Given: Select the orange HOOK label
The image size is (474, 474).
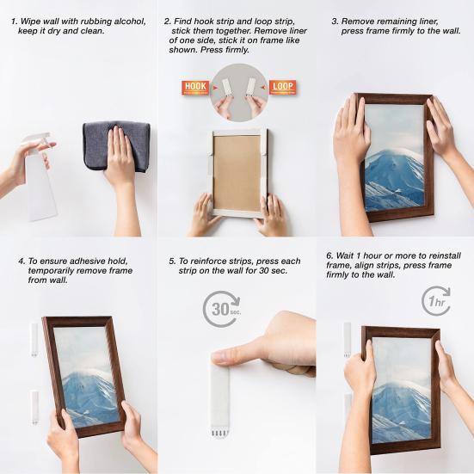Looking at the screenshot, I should [x=195, y=87].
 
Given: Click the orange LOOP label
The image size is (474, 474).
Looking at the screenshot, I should [x=282, y=87].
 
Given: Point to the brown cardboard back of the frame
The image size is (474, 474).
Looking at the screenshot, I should [x=237, y=172].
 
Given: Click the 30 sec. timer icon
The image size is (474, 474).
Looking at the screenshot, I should [x=221, y=309].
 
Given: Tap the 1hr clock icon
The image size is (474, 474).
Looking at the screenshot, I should [x=436, y=301].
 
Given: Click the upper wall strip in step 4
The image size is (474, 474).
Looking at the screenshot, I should [x=34, y=339].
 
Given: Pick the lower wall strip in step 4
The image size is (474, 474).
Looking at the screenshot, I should [x=34, y=404].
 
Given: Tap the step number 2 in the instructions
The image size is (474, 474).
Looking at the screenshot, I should [x=167, y=20].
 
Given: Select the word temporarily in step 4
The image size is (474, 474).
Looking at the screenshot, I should [x=55, y=270].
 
